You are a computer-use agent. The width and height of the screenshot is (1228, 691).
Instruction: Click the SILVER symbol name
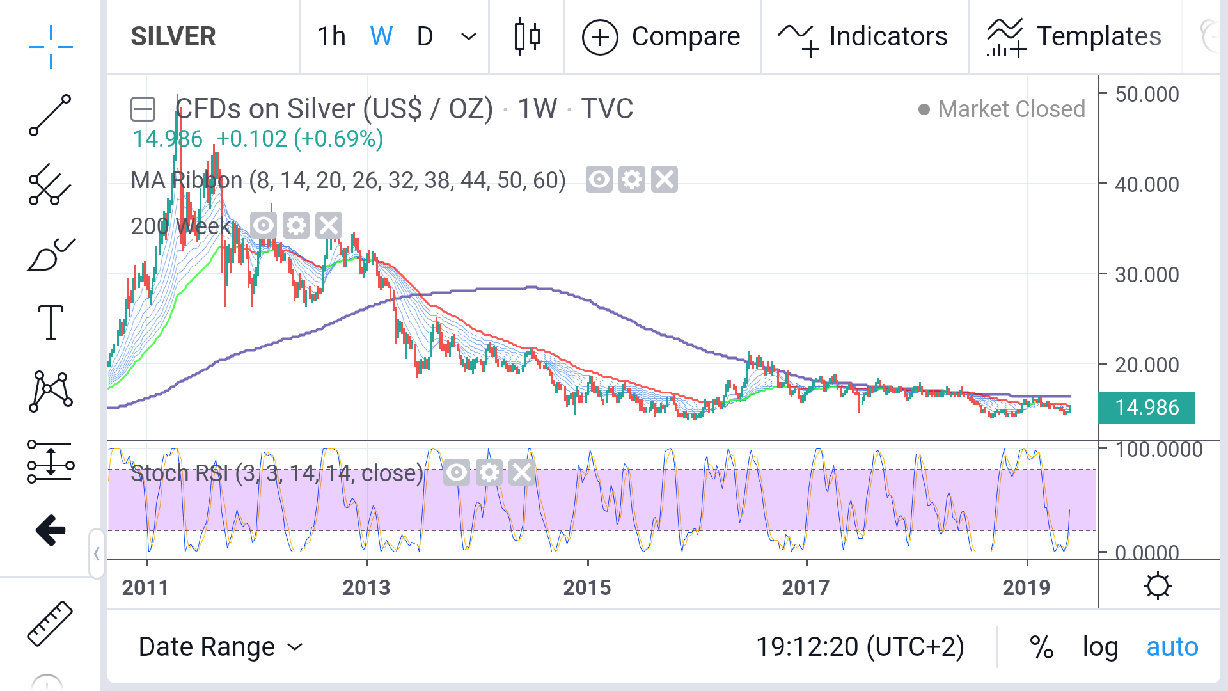[173, 36]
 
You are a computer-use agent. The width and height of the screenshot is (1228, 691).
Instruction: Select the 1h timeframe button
[331, 36]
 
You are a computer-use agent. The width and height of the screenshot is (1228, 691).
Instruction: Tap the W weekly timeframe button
[381, 36]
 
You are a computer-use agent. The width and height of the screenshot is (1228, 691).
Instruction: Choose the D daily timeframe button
[425, 36]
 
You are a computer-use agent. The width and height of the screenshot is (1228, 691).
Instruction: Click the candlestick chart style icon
[527, 36]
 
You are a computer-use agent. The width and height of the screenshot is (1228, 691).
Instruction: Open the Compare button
[661, 36]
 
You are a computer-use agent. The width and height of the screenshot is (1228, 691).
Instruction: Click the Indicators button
[863, 36]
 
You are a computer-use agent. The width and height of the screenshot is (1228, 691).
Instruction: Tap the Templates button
[1074, 36]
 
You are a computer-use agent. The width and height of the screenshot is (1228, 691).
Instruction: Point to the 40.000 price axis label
[1147, 185]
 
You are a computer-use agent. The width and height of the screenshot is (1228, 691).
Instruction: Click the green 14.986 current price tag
[1146, 408]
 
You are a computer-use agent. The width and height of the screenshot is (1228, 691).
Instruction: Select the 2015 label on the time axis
[586, 587]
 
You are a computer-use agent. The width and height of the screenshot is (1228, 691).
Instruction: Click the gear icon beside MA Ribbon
[632, 180]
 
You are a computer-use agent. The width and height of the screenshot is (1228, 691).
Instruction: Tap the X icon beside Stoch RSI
[522, 473]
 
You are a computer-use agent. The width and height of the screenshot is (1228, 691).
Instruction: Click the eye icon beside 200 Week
[263, 225]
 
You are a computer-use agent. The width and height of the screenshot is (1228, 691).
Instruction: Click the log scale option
[1100, 647]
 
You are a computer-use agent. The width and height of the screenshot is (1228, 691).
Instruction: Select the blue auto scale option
[1172, 647]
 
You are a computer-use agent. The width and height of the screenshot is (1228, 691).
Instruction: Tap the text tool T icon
[51, 322]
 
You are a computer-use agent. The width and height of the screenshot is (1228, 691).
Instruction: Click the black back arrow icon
[51, 530]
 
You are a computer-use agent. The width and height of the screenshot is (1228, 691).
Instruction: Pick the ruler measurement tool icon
[50, 623]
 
